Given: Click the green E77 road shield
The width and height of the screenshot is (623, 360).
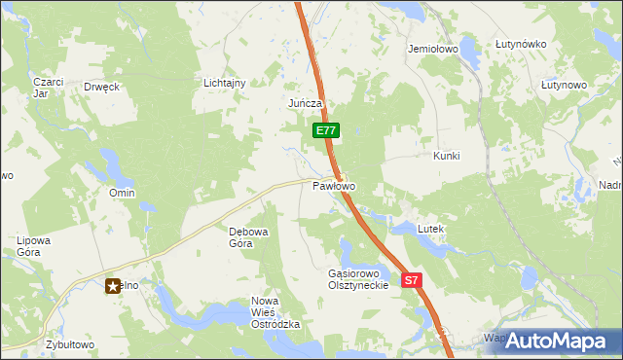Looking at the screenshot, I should (x=325, y=129).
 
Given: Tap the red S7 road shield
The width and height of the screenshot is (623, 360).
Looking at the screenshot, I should (x=412, y=280).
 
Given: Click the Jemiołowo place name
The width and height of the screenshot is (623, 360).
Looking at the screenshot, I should (x=433, y=48).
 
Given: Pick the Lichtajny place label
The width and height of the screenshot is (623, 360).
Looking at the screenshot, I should (x=224, y=83).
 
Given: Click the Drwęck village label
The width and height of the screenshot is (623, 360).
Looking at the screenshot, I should (x=101, y=87).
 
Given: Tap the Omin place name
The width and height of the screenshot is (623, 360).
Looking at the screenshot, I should (x=122, y=193).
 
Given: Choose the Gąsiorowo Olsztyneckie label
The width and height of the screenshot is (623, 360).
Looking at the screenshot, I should (x=358, y=279).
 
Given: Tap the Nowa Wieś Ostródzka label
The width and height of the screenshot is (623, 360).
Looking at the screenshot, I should (x=275, y=312).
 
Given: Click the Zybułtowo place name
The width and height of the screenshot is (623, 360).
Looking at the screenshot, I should (x=70, y=344).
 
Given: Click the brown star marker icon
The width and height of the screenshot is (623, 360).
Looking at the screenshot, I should (x=113, y=285).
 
